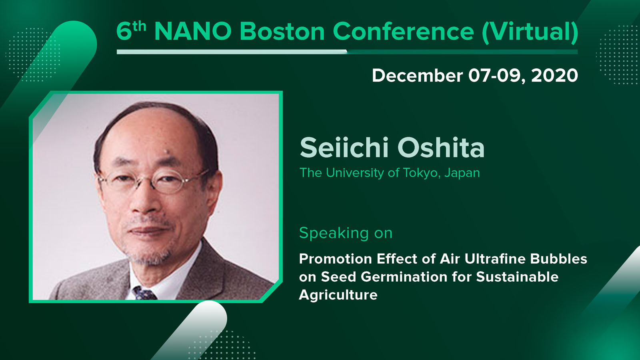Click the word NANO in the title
(193, 31)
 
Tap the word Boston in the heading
(282, 31)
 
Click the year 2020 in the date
(554, 76)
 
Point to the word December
(418, 76)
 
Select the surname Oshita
(441, 148)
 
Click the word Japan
(462, 173)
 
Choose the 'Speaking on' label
(346, 233)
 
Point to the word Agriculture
(338, 295)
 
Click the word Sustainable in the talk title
(518, 276)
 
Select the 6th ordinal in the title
(131, 30)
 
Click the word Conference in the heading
(403, 31)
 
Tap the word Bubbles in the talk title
(558, 259)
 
